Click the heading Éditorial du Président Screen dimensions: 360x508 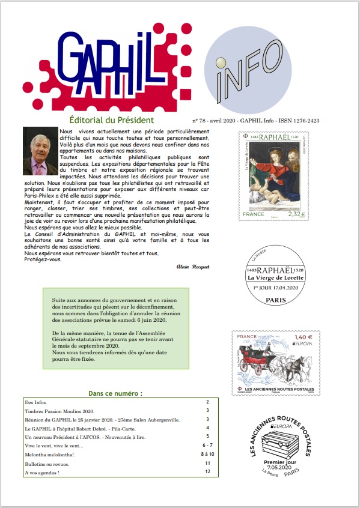click(120, 120)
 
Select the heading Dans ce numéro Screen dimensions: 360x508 click(115, 393)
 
